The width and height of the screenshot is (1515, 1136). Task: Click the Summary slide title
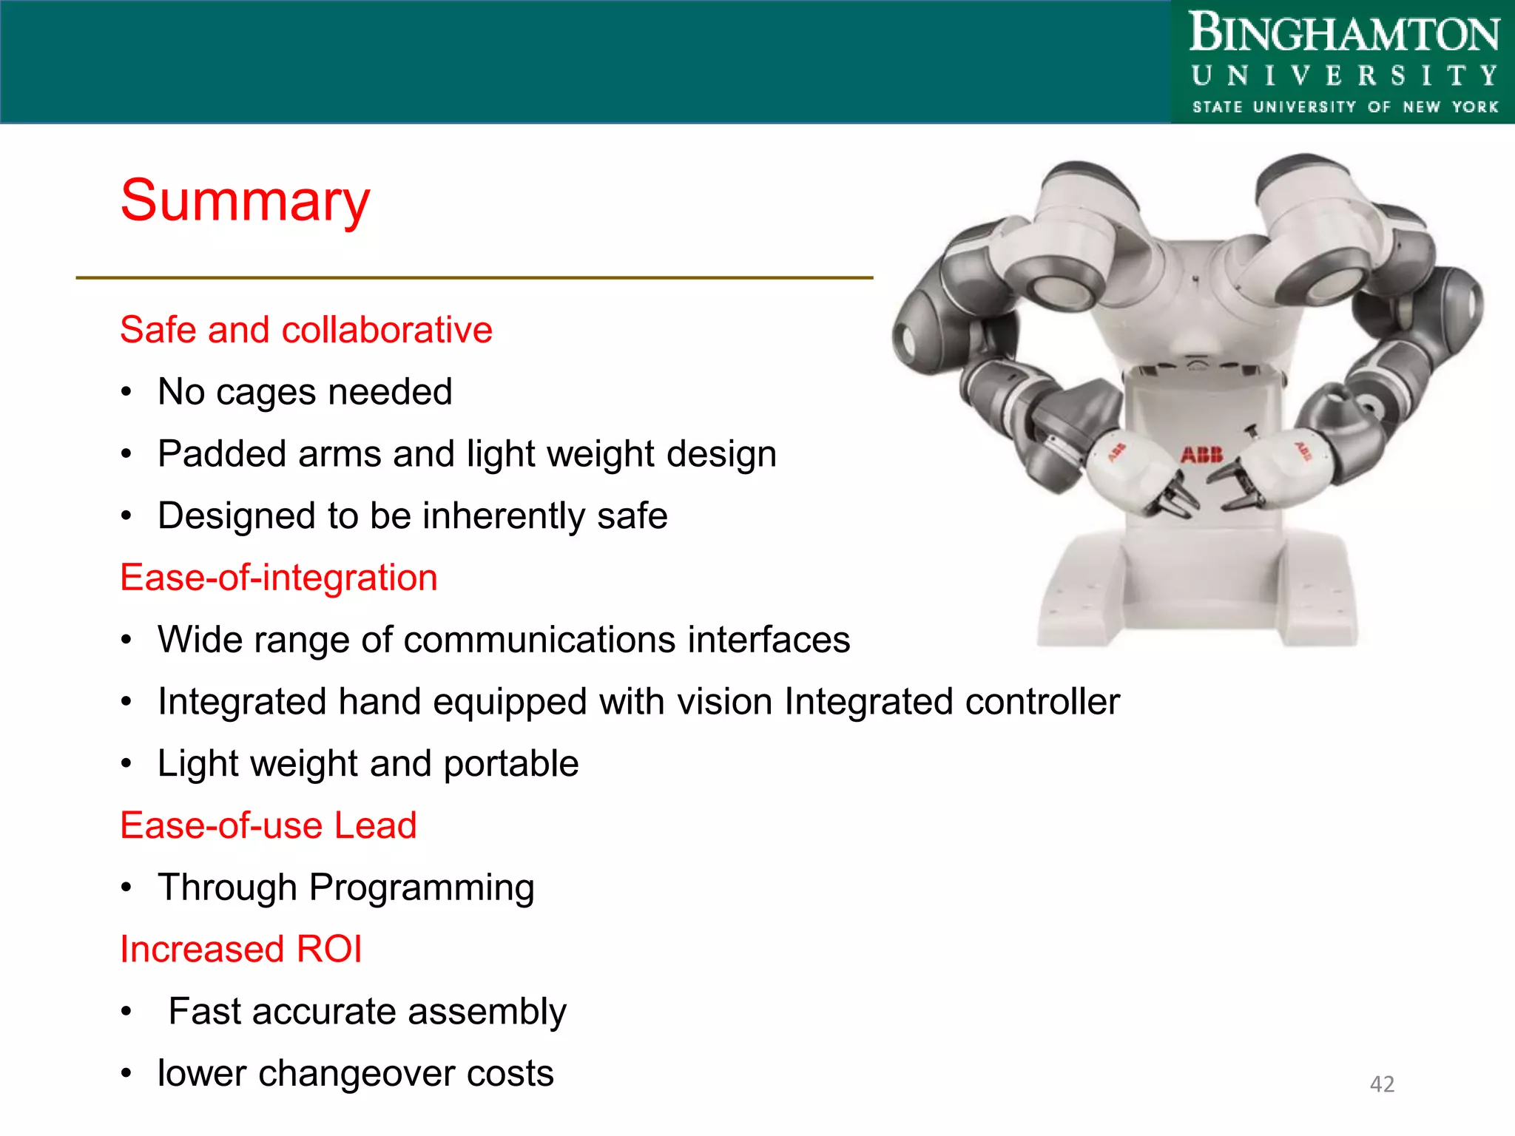pyautogui.click(x=245, y=201)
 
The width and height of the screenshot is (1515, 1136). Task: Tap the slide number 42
pyautogui.click(x=1382, y=1083)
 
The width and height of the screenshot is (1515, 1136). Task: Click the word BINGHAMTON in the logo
pyautogui.click(x=1343, y=34)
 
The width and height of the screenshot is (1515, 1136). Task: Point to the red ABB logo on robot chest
pyautogui.click(x=1201, y=455)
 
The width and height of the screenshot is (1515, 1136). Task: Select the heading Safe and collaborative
pyautogui.click(x=306, y=330)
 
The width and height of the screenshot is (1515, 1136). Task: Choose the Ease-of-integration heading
pyautogui.click(x=278, y=578)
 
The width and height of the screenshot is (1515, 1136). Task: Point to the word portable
pyautogui.click(x=510, y=764)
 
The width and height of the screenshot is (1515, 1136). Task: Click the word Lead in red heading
pyautogui.click(x=375, y=825)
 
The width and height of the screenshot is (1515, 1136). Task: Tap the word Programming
pyautogui.click(x=422, y=888)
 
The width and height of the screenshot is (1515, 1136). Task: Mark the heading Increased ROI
pyautogui.click(x=241, y=950)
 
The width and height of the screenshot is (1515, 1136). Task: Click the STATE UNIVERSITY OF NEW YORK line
pyautogui.click(x=1344, y=107)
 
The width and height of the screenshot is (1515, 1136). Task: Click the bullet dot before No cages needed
pyautogui.click(x=127, y=392)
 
